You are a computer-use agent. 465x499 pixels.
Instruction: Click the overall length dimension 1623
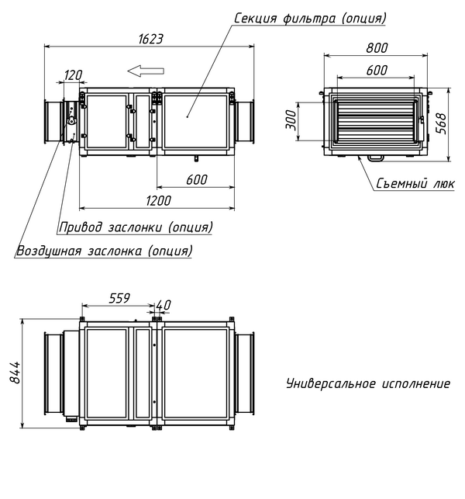(x=152, y=38)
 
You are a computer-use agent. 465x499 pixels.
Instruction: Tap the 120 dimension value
(x=73, y=75)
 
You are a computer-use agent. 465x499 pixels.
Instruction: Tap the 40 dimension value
(x=164, y=304)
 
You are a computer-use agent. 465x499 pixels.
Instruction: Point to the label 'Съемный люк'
(x=415, y=184)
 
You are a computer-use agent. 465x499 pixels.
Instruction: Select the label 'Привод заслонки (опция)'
(x=136, y=227)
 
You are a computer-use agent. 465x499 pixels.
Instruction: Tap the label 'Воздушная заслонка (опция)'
(x=105, y=251)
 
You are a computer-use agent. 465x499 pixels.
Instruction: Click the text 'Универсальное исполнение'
(x=367, y=383)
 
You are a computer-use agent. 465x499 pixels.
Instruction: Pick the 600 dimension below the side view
(x=195, y=179)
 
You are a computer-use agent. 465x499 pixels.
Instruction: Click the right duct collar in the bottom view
(x=245, y=373)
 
